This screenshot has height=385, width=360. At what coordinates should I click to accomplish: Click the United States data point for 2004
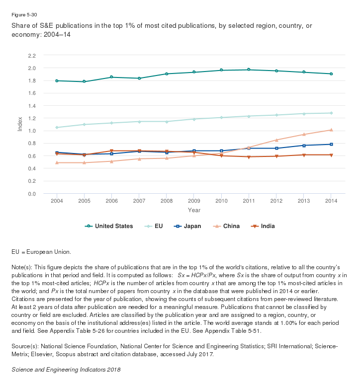(57, 80)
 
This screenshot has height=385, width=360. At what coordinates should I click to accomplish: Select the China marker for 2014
(331, 130)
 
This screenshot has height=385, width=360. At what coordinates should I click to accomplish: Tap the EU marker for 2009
(194, 119)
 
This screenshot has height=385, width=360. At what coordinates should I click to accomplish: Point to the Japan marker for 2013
(303, 146)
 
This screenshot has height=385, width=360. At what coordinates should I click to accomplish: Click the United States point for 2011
(249, 70)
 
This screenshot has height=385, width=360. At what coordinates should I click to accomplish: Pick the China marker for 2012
(276, 140)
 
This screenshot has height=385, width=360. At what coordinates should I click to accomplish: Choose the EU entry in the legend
(155, 226)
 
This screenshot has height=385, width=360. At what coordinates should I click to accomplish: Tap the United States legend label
(110, 226)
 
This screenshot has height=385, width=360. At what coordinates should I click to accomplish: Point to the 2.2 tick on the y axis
(32, 55)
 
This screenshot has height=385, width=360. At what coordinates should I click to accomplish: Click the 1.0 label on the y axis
(32, 131)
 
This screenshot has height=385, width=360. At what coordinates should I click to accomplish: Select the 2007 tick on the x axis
(139, 201)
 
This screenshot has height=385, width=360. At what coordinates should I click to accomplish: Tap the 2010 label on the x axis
(221, 201)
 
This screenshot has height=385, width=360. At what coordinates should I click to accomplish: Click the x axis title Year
(194, 210)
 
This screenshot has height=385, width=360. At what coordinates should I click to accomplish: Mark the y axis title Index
(20, 124)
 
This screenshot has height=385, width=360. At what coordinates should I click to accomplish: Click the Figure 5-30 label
(23, 15)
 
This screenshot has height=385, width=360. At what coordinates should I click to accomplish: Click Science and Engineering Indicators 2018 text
(66, 370)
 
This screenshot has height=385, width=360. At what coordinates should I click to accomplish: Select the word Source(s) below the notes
(24, 346)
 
